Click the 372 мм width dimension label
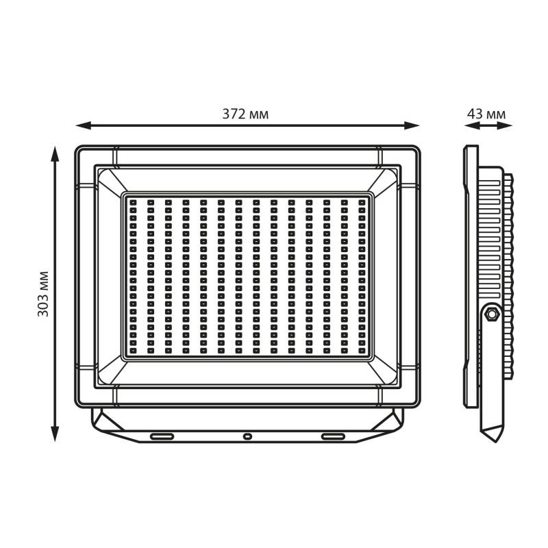245,114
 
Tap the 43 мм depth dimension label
486,114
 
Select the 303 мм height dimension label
43,294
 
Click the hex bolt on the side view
492,314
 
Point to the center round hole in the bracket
247,436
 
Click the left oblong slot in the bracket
162,436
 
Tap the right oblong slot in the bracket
333,436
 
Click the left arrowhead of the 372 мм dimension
83,125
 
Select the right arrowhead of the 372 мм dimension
412,125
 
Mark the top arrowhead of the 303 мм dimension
55,154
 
